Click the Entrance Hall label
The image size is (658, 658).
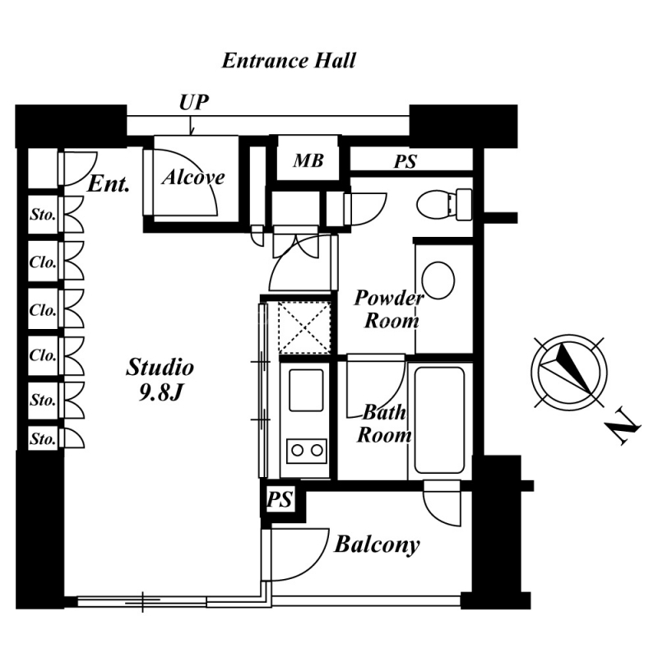[x=289, y=60]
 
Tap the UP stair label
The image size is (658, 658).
[x=193, y=102]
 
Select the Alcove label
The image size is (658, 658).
[x=193, y=177]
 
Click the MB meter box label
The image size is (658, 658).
[x=308, y=160]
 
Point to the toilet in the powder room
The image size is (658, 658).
[x=444, y=205]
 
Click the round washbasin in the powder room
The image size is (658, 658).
[x=438, y=280]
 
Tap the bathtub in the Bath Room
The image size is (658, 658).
[x=439, y=420]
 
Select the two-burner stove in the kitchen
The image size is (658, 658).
[x=306, y=451]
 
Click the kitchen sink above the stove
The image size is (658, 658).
[x=306, y=390]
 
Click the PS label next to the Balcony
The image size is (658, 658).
[x=280, y=499]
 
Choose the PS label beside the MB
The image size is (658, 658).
[x=405, y=161]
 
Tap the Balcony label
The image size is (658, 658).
[x=377, y=544]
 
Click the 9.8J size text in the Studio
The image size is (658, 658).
[x=160, y=392]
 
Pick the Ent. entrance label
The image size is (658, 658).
[x=109, y=183]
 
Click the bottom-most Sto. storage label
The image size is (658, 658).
[x=43, y=439]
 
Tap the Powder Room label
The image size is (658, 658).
[x=389, y=309]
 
